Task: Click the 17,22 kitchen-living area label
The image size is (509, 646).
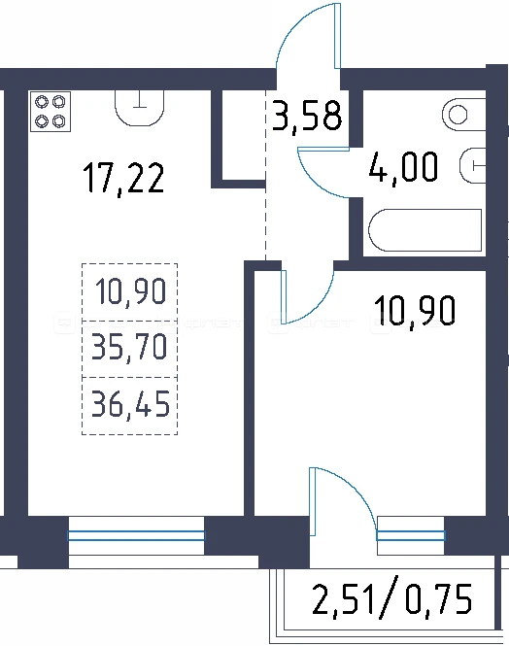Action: pyautogui.click(x=123, y=178)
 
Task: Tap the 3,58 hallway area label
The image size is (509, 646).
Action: pyautogui.click(x=307, y=117)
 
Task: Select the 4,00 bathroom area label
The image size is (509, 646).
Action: pyautogui.click(x=403, y=168)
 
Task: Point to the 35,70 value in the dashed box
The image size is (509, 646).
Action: pyautogui.click(x=129, y=348)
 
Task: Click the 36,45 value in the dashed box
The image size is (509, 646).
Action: pyautogui.click(x=130, y=405)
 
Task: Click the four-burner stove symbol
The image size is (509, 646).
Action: pyautogui.click(x=51, y=112)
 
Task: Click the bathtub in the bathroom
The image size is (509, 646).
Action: pyautogui.click(x=425, y=230)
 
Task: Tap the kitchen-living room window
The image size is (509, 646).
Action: pyautogui.click(x=136, y=535)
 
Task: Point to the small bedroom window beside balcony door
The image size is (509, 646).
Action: pyautogui.click(x=411, y=535)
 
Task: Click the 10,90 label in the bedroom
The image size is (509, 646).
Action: pyautogui.click(x=415, y=310)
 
